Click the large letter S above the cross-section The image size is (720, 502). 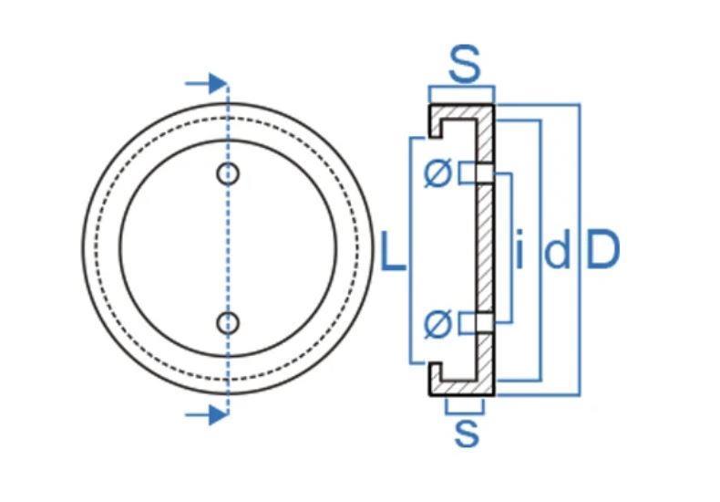tap(464, 64)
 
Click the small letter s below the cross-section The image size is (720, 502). tap(467, 433)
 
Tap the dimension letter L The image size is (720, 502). tap(394, 251)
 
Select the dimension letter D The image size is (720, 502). tap(603, 251)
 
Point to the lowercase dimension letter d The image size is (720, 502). tap(558, 251)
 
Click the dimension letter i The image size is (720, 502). tap(519, 250)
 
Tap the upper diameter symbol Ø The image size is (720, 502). tap(438, 173)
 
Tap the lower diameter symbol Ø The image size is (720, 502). tap(438, 324)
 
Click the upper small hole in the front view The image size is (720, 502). tap(228, 174)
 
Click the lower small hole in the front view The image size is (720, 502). tap(228, 323)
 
